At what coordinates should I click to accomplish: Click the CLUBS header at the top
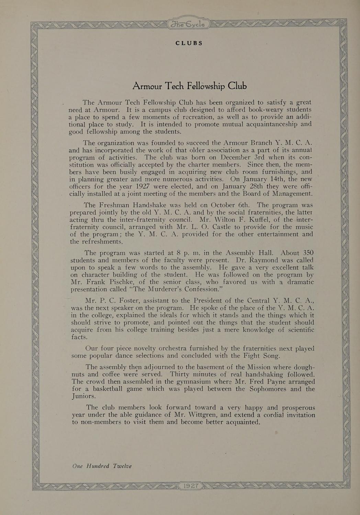189,43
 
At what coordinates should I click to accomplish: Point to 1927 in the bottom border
191,486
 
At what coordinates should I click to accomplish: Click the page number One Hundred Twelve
102,466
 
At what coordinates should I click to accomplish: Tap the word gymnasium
175,381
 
